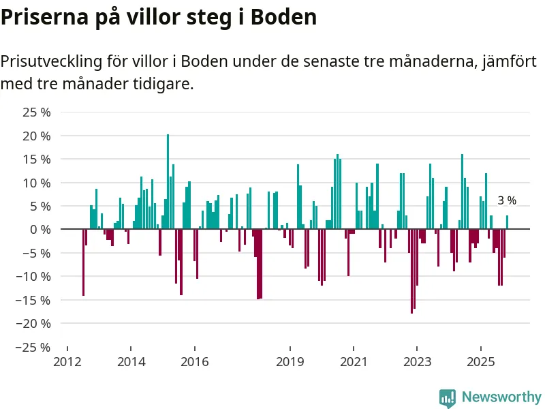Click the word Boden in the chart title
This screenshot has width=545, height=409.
285,17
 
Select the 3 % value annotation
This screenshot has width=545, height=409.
507,200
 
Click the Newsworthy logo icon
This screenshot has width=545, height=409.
448,397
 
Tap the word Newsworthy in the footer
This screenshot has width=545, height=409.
501,397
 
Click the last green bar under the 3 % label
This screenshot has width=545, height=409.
507,222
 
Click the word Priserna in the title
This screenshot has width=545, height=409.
40,17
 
